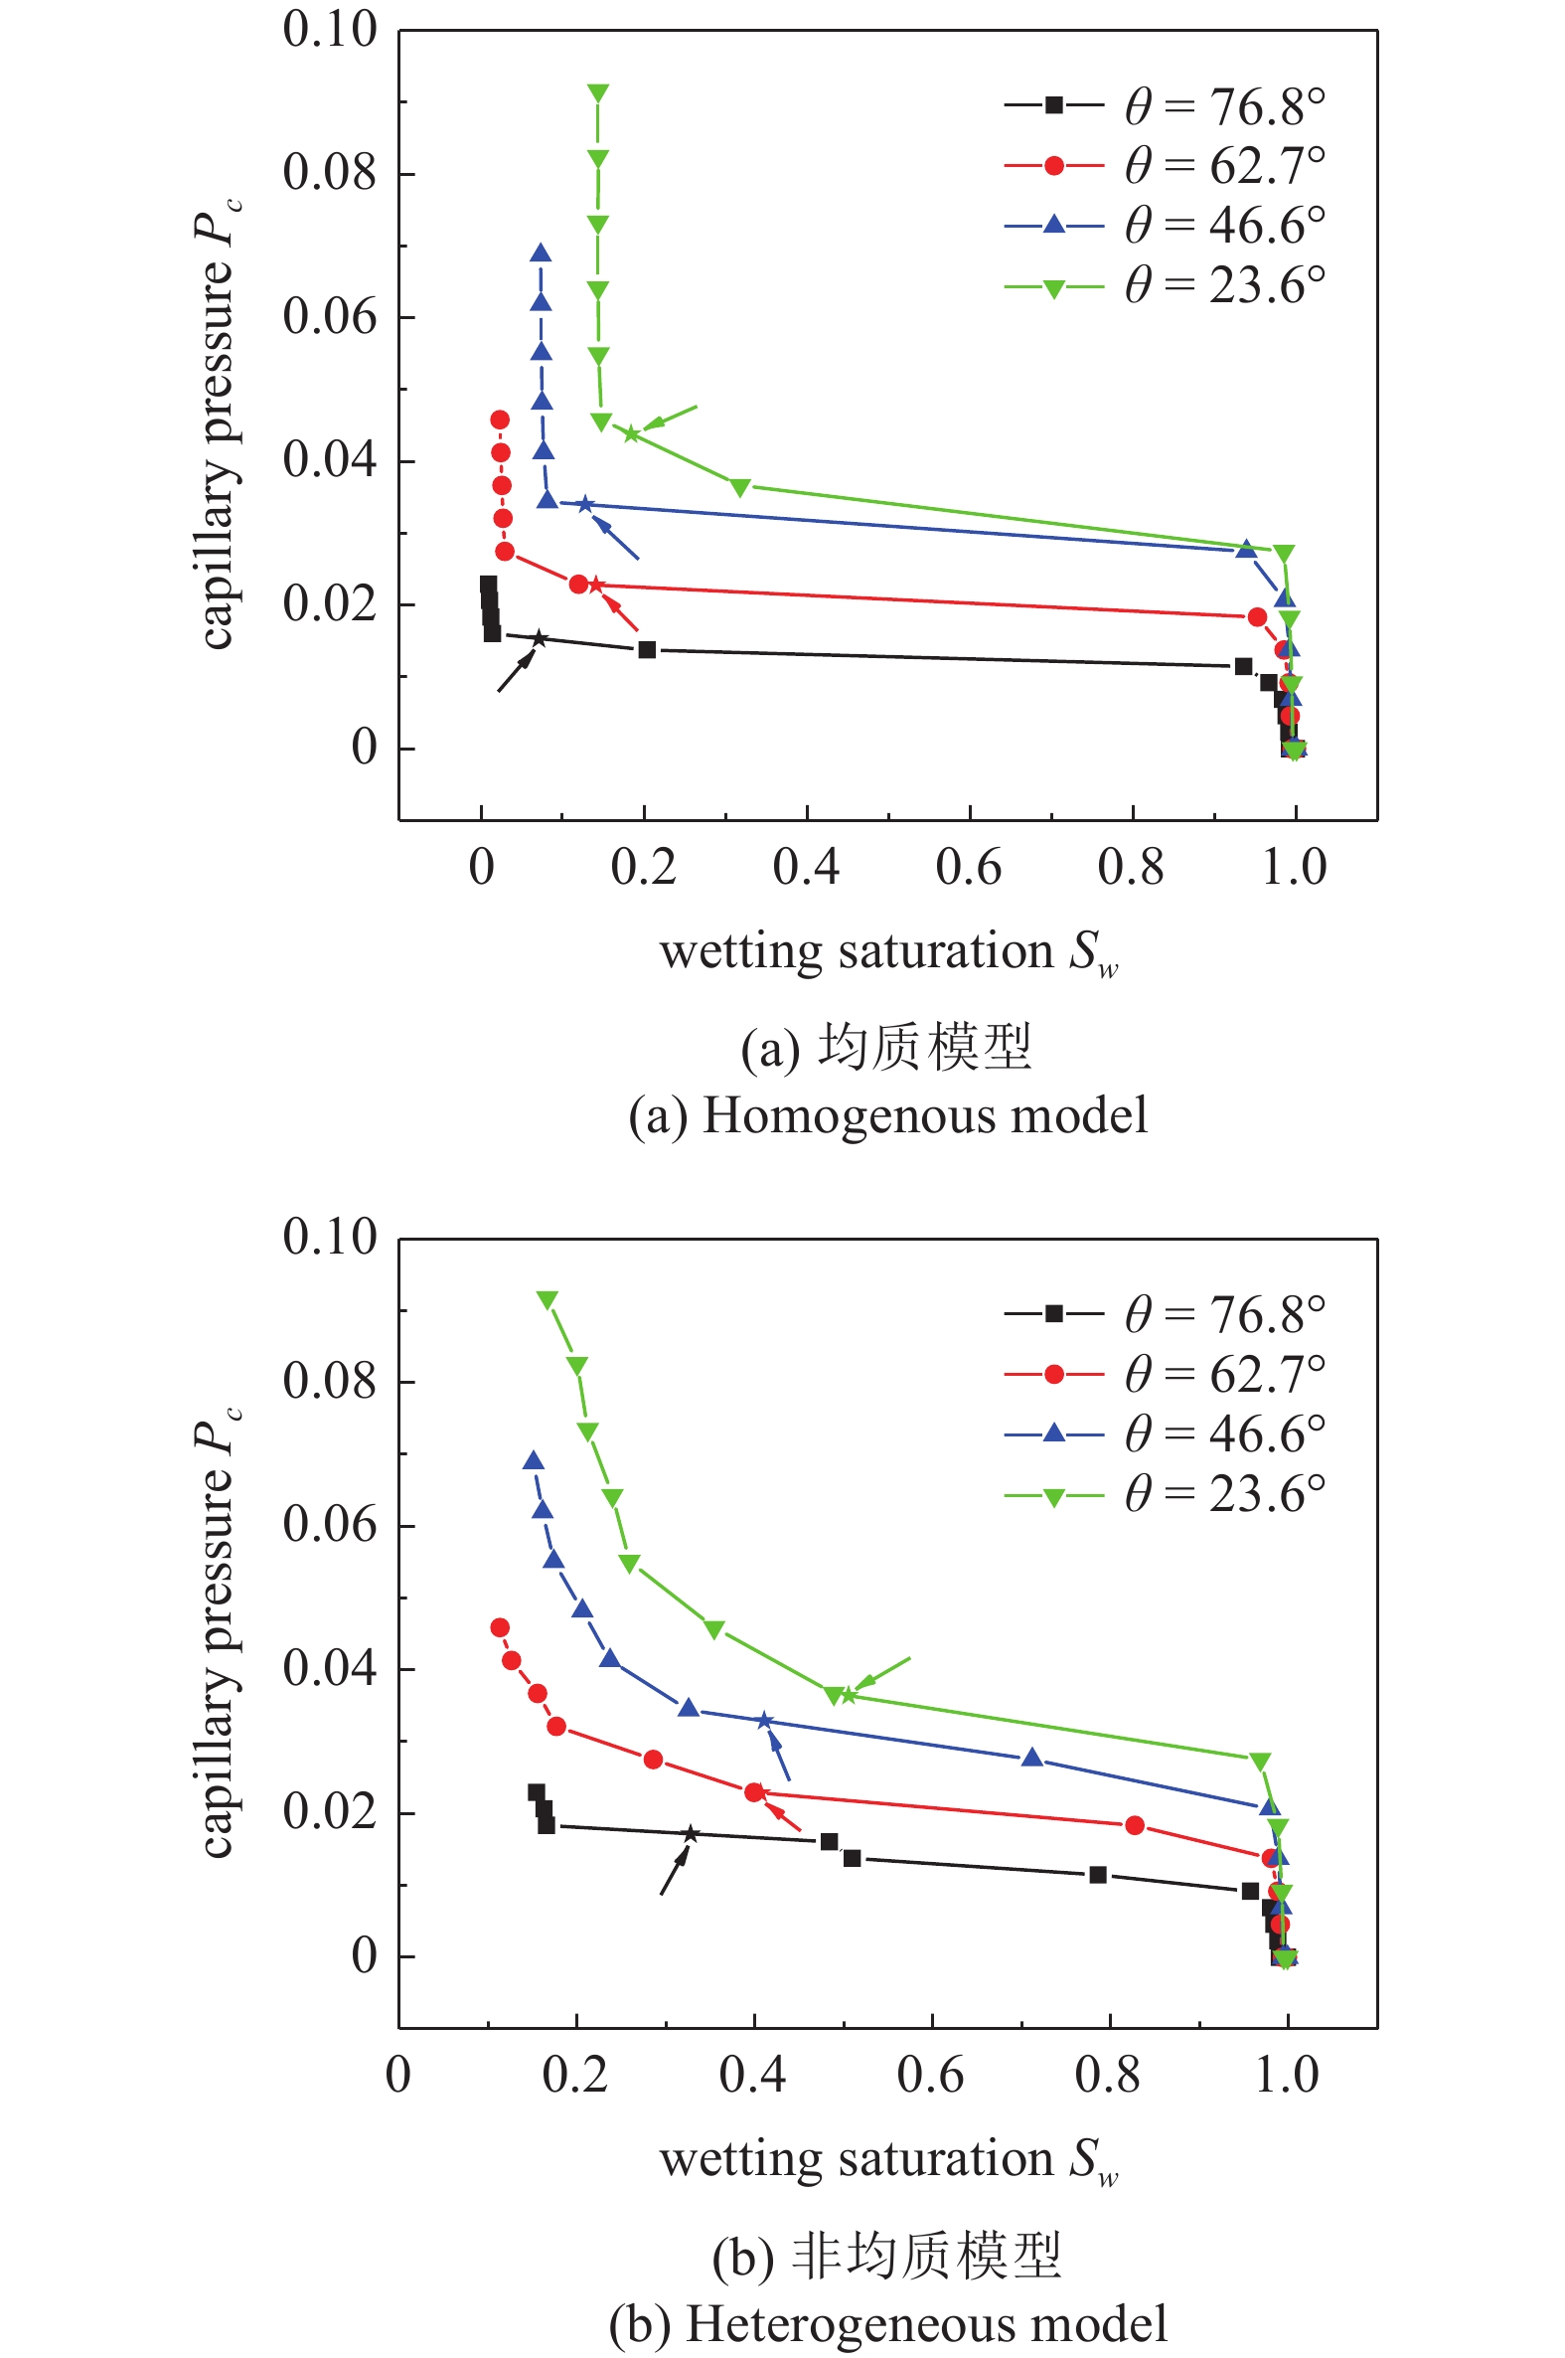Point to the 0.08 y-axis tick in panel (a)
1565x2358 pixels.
click(x=329, y=173)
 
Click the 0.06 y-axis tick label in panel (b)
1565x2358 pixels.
click(x=329, y=1524)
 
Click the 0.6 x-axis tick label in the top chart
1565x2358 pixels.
click(x=968, y=867)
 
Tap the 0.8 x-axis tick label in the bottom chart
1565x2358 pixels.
click(x=1108, y=2075)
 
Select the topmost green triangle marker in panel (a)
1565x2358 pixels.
click(x=598, y=93)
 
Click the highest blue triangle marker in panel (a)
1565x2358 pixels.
click(x=541, y=253)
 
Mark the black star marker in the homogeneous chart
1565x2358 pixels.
click(x=539, y=639)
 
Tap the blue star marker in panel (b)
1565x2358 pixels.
click(x=764, y=1721)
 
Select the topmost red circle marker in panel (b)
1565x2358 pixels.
click(x=500, y=1627)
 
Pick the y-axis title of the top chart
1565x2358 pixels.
click(x=217, y=424)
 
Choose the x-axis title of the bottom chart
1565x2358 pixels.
click(x=887, y=2160)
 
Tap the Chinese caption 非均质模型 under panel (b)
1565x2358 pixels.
click(x=925, y=2257)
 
